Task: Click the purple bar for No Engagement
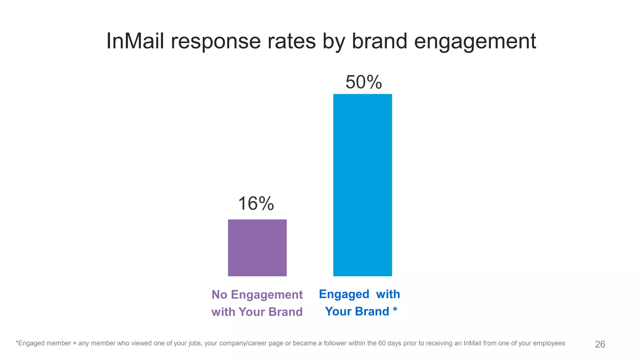click(257, 248)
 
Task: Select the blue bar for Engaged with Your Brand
click(362, 185)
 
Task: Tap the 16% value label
click(256, 204)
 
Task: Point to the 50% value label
click(363, 82)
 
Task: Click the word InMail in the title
click(135, 41)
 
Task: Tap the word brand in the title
click(379, 41)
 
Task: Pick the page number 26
click(600, 344)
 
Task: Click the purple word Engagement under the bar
click(267, 295)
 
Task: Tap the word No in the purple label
click(219, 295)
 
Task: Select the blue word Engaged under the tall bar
click(344, 294)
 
